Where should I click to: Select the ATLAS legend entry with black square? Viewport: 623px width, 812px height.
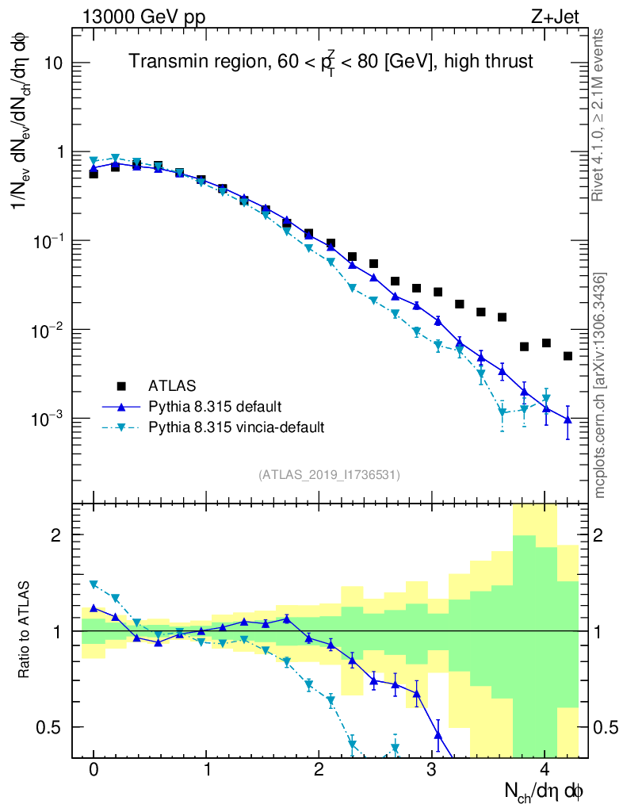pyautogui.click(x=171, y=386)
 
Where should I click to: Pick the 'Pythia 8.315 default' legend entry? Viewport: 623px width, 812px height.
pyautogui.click(x=214, y=407)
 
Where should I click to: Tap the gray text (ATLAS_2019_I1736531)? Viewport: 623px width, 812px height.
pyautogui.click(x=328, y=475)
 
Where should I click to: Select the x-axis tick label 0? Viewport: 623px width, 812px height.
pyautogui.click(x=94, y=770)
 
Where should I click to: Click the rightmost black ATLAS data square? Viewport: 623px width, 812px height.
pyautogui.click(x=568, y=356)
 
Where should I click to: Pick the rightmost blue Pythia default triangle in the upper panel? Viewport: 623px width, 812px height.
pyautogui.click(x=568, y=419)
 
